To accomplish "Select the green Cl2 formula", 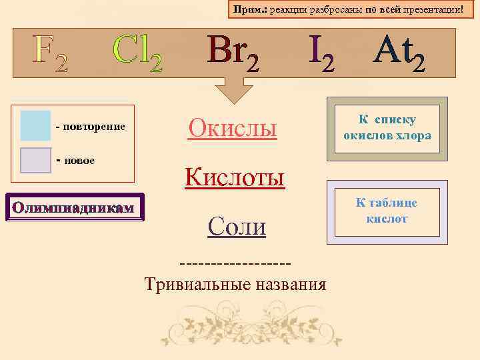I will [x=137, y=53].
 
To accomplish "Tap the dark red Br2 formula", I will [x=233, y=53].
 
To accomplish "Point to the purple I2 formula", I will [x=321, y=53].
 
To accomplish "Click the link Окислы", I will [x=232, y=127].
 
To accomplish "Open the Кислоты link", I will [x=235, y=177].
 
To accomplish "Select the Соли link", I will [x=237, y=227].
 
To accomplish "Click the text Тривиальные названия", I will [x=235, y=285].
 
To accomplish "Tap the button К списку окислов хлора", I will [x=387, y=128].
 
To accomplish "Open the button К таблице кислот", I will [x=387, y=211].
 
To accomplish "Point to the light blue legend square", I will [x=35, y=126].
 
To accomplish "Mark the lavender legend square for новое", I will [x=35, y=160].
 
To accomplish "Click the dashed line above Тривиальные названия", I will [x=235, y=261].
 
